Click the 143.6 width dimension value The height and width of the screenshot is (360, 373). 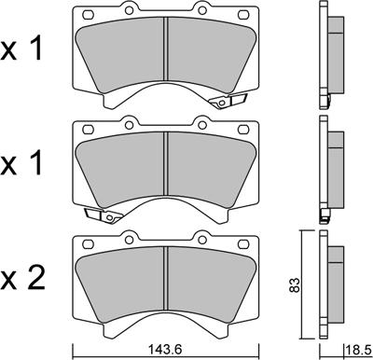(x=166, y=350)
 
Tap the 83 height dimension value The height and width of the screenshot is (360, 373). (x=296, y=284)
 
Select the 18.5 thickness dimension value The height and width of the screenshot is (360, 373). (x=359, y=350)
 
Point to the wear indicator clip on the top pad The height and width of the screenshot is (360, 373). (x=228, y=101)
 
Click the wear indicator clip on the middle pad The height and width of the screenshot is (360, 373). (x=104, y=215)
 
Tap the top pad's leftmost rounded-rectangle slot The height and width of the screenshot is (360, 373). (x=89, y=14)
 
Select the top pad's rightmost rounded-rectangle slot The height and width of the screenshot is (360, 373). (x=243, y=14)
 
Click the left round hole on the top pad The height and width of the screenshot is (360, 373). (x=129, y=10)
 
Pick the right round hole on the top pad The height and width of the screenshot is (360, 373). (x=202, y=10)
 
